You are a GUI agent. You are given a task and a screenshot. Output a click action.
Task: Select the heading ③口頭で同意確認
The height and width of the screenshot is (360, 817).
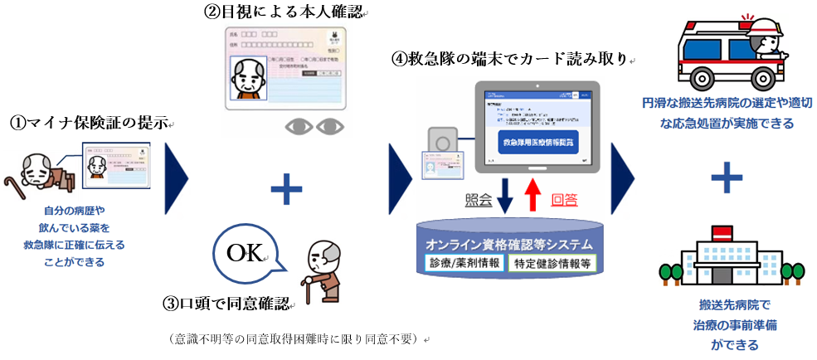[230, 303]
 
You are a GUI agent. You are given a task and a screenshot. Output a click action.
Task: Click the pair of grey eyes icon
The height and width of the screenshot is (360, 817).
[315, 126]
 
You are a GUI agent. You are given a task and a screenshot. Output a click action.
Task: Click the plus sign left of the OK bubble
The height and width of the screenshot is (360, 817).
[287, 192]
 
